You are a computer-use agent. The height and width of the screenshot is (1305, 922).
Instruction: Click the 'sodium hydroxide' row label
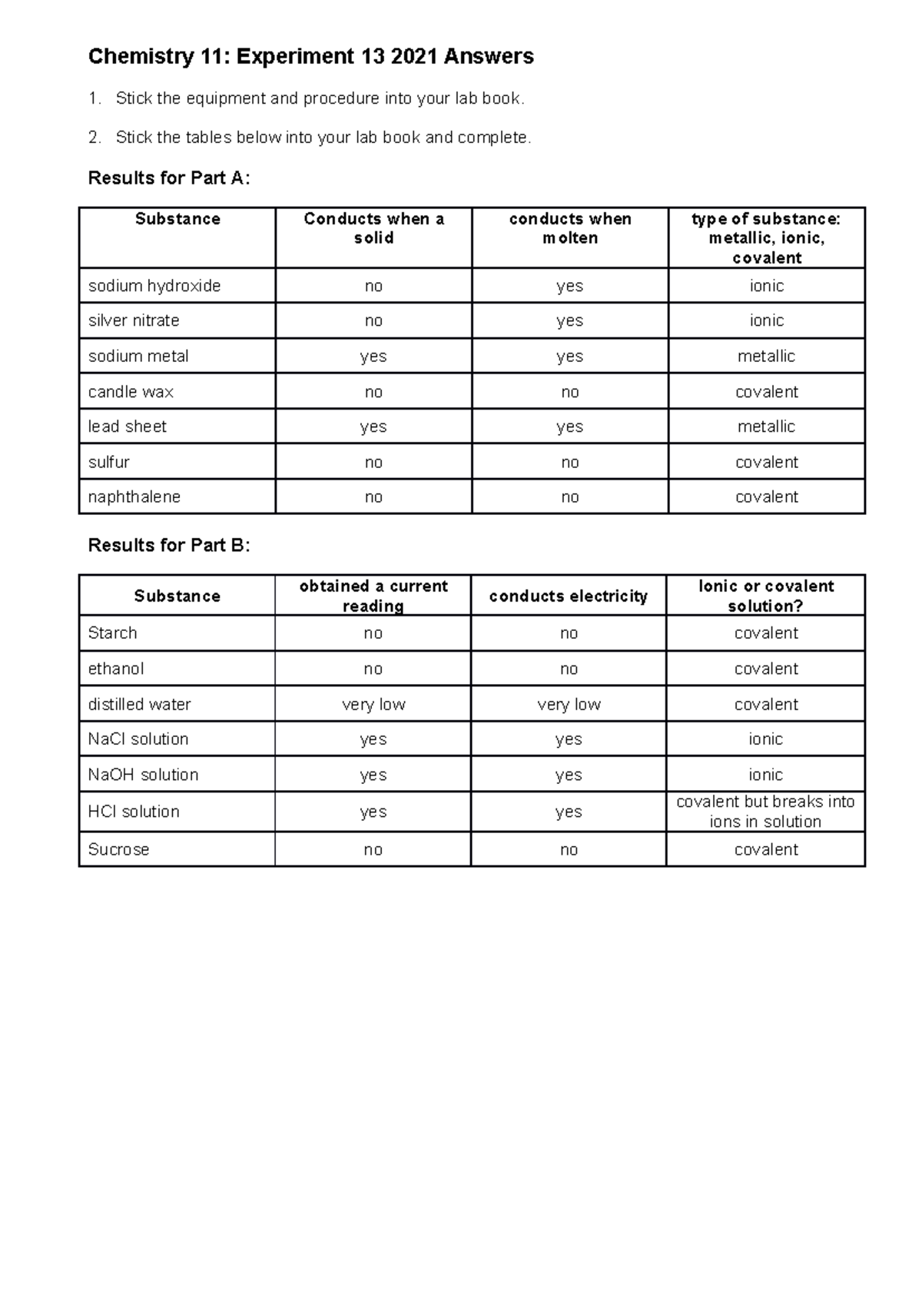click(x=154, y=286)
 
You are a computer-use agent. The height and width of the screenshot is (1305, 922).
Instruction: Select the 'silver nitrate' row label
click(x=134, y=320)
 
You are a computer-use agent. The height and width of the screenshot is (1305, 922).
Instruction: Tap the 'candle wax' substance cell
click(x=131, y=392)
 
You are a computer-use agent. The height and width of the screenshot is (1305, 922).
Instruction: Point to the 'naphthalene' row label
click(x=134, y=497)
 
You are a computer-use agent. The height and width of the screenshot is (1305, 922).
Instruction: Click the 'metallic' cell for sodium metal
click(x=766, y=357)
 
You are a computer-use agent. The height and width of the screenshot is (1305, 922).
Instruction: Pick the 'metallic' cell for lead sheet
click(x=766, y=427)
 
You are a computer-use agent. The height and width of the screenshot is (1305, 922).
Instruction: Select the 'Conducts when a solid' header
click(x=373, y=228)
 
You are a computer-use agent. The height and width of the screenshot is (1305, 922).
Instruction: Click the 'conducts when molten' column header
click(x=570, y=228)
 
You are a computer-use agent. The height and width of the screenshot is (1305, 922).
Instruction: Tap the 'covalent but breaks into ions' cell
click(x=765, y=812)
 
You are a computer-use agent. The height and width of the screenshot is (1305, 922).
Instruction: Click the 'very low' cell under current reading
click(x=373, y=705)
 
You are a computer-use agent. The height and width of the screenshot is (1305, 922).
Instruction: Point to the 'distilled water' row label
click(x=139, y=705)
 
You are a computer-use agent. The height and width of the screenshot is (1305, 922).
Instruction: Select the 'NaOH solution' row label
click(x=143, y=775)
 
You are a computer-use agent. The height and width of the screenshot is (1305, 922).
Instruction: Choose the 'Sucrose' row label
click(x=118, y=850)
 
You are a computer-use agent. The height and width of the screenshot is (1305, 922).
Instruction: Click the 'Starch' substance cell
click(x=112, y=633)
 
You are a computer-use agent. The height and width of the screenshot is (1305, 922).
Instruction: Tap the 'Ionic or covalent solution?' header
click(x=765, y=596)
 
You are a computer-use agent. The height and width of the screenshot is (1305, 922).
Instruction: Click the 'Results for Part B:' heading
click(x=169, y=546)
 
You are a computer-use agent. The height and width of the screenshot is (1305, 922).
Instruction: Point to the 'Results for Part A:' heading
click(x=169, y=178)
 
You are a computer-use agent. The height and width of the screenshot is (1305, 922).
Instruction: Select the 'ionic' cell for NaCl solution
click(x=765, y=739)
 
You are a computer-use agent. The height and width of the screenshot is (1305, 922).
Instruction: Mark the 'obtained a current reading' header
click(x=373, y=596)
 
